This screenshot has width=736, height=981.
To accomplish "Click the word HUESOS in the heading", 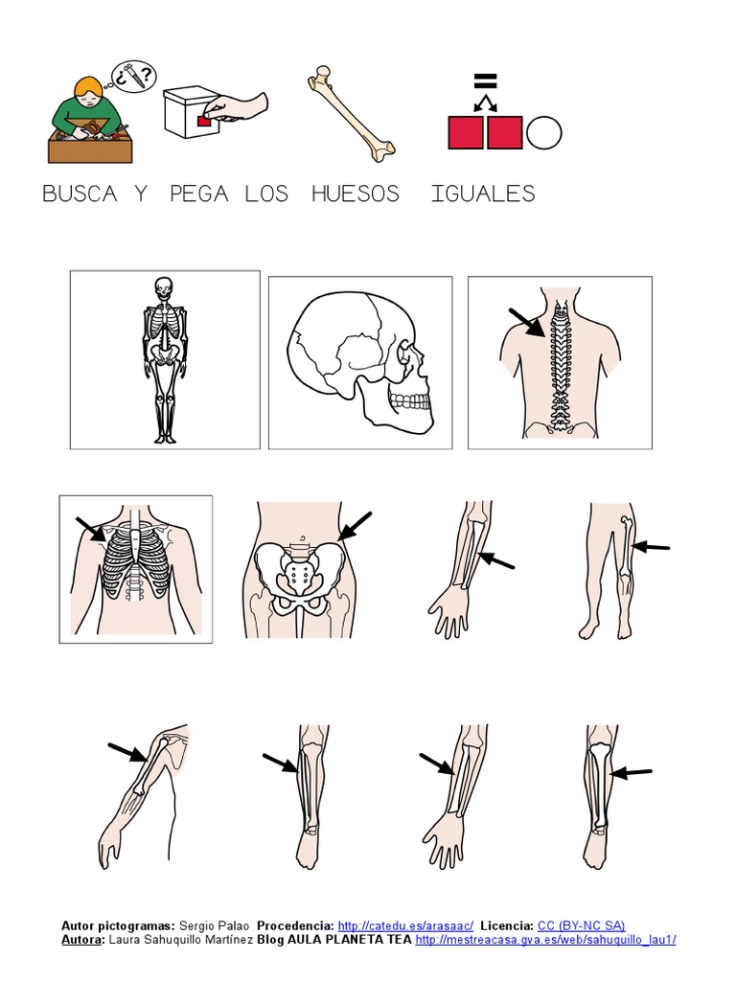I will tap(355, 194).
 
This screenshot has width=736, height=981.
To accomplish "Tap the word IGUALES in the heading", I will tap(482, 194).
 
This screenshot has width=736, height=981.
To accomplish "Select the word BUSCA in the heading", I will tap(80, 194).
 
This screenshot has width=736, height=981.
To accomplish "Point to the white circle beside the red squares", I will tap(543, 132).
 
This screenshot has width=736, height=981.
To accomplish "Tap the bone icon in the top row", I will tap(351, 113).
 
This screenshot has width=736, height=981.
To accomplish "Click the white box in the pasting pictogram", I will tap(188, 119).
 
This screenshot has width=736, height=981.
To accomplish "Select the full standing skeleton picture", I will tap(165, 359).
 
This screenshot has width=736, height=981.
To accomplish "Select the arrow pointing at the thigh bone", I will tap(652, 547).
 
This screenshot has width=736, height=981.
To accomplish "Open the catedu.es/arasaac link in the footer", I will tap(405, 925).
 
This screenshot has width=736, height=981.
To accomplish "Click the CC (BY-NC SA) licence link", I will tap(581, 925).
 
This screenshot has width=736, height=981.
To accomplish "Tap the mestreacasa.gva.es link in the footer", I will tap(545, 940).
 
